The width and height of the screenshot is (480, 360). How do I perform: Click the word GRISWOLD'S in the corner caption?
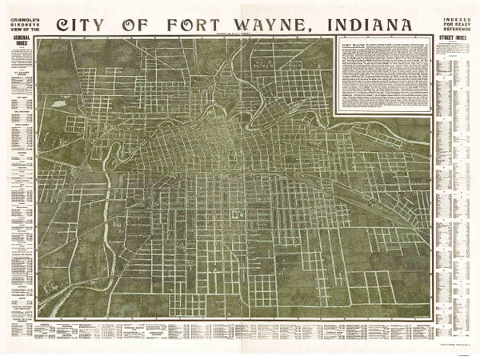[17, 14]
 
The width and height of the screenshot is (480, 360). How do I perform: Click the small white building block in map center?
[238, 213]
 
